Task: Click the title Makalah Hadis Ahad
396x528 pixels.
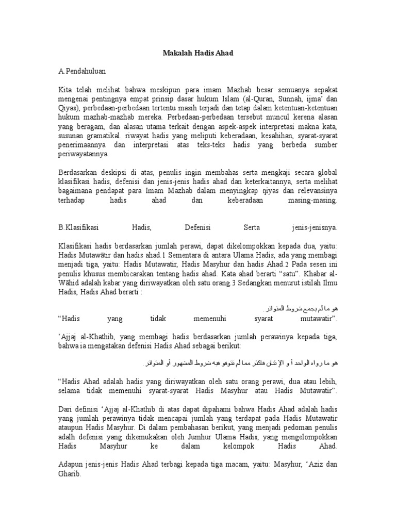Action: (x=197, y=53)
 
